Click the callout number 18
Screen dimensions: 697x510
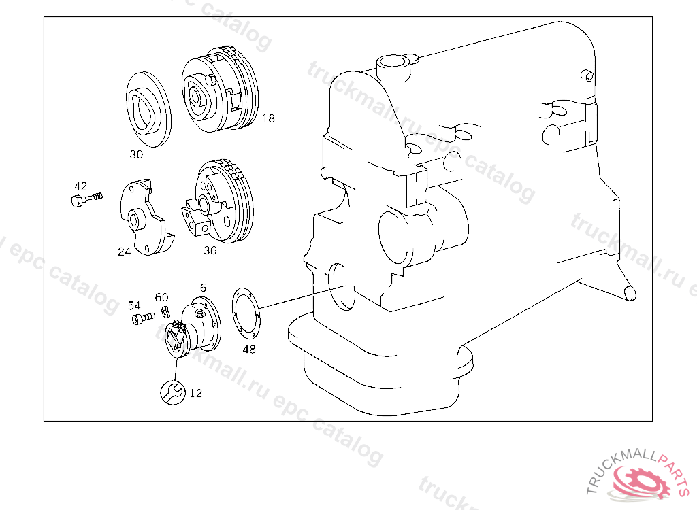268,118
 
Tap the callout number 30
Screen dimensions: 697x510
136,154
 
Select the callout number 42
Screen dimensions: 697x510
80,186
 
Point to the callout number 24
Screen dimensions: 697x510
124,252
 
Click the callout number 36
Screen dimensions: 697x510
210,250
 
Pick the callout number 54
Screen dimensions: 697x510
134,305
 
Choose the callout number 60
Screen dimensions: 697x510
161,297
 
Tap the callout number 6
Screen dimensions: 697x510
203,288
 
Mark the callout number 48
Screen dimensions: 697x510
249,350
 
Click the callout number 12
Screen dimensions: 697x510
195,393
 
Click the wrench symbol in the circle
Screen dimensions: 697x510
173,392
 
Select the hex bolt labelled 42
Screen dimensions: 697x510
86,199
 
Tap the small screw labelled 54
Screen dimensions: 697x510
143,318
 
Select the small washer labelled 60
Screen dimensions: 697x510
165,312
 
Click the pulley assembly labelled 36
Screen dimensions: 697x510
218,202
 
